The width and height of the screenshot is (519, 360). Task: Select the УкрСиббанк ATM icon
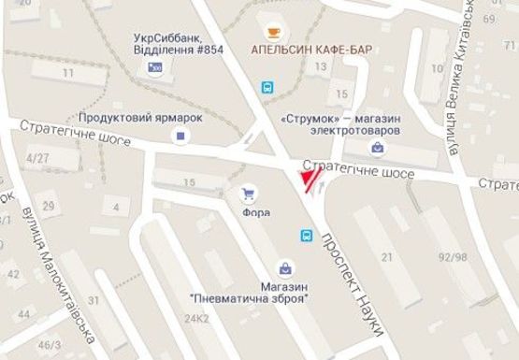click(155, 67)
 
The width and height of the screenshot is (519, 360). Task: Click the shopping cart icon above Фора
click(248, 194)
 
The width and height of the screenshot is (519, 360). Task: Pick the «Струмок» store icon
click(376, 147)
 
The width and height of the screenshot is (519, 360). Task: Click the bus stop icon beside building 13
click(267, 88)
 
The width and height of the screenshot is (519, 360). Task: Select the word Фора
click(255, 212)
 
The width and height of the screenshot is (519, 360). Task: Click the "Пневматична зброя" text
click(249, 298)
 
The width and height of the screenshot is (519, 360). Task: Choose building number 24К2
click(195, 318)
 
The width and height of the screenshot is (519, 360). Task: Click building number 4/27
click(37, 158)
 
